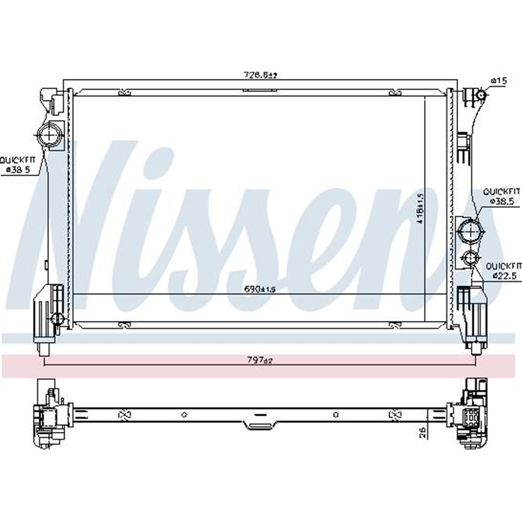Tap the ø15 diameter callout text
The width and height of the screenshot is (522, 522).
[499, 80]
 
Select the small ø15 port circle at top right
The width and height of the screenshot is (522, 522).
[480, 96]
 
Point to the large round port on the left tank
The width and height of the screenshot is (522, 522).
[48, 136]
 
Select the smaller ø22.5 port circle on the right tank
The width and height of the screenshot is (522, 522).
[469, 258]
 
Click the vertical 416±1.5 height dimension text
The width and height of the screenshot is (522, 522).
[421, 207]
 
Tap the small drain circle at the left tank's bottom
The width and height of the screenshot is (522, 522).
[57, 318]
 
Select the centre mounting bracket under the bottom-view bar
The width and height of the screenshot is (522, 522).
[258, 425]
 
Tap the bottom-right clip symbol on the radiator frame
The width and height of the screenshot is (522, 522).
[394, 324]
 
